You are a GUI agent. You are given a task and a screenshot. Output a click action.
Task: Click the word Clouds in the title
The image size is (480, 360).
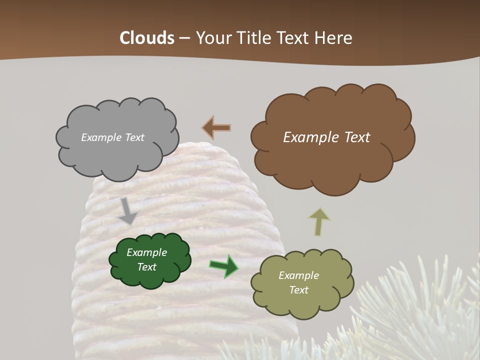click(147, 38)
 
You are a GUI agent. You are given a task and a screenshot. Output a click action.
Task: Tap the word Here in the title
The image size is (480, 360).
click(333, 38)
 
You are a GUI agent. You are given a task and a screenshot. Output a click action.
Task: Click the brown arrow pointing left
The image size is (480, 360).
click(216, 127)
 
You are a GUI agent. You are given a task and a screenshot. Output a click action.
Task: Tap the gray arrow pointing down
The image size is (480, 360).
click(127, 210)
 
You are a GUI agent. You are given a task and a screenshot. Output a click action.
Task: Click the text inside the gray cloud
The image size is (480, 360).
click(112, 137)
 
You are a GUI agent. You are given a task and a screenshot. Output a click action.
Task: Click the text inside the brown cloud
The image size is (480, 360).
click(326, 137)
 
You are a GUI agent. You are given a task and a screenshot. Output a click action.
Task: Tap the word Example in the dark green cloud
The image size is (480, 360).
click(146, 252)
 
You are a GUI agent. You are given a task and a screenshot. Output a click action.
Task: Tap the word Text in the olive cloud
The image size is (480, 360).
click(298, 290)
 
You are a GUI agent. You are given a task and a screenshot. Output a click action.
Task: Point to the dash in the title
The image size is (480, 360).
click(184, 38)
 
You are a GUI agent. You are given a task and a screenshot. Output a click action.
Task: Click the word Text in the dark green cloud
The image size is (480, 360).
click(146, 267)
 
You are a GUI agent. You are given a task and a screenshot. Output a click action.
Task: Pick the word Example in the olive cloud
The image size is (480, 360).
click(298, 275)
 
